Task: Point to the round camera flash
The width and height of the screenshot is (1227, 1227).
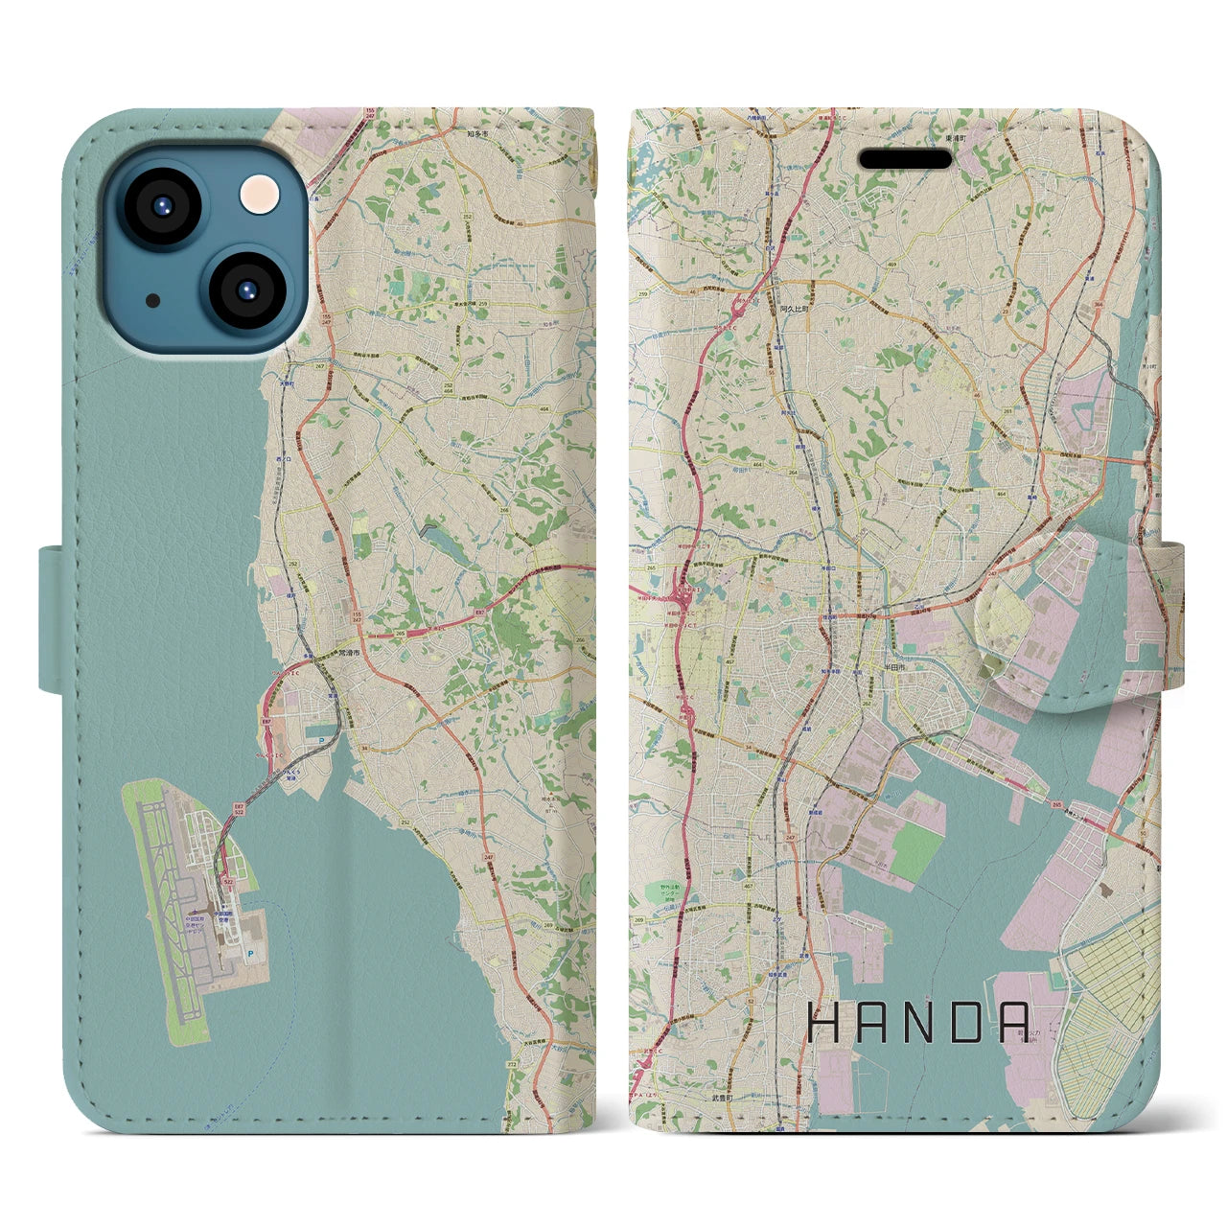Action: pyautogui.click(x=260, y=194)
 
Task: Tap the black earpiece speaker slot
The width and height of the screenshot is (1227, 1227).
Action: pyautogui.click(x=905, y=159)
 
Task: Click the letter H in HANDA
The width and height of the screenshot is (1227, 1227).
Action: pyautogui.click(x=826, y=1023)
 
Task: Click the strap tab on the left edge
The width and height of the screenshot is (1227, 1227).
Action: pyautogui.click(x=52, y=618)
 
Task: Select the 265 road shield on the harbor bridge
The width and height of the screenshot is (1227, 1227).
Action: pyautogui.click(x=1054, y=804)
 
